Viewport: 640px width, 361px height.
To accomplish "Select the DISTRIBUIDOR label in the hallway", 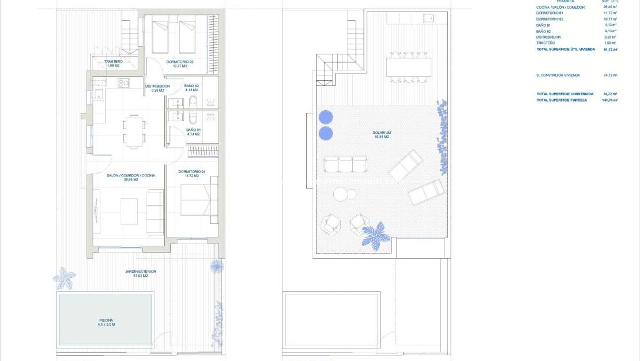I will click(157, 88).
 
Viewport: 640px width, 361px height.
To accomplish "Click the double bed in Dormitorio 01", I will click(196, 201).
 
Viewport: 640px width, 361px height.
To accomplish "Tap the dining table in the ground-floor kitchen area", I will click(134, 131).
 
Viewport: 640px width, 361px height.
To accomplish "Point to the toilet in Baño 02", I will click(193, 102).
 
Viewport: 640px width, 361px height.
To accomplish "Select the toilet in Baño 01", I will click(193, 117).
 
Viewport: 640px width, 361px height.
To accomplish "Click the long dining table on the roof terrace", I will click(409, 68).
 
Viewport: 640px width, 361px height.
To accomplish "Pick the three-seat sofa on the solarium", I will click(345, 164).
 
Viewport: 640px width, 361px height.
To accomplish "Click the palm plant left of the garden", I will click(63, 278).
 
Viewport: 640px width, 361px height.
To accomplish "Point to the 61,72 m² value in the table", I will click(610, 50).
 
